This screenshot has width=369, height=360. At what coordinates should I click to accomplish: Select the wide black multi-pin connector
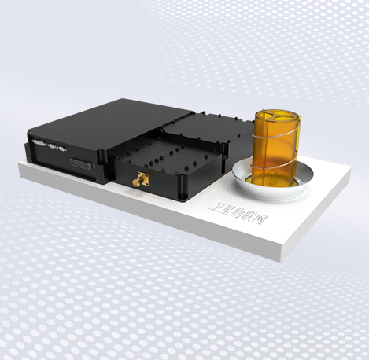pos(81,163)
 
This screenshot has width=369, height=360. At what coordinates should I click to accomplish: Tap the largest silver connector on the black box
pos(38,143)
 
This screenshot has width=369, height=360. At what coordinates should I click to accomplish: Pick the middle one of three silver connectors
pos(53,146)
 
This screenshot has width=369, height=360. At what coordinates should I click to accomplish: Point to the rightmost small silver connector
pos(61,149)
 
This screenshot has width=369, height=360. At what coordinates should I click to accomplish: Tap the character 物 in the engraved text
pos(239,213)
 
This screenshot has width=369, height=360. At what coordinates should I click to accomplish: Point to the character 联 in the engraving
pos(249,217)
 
